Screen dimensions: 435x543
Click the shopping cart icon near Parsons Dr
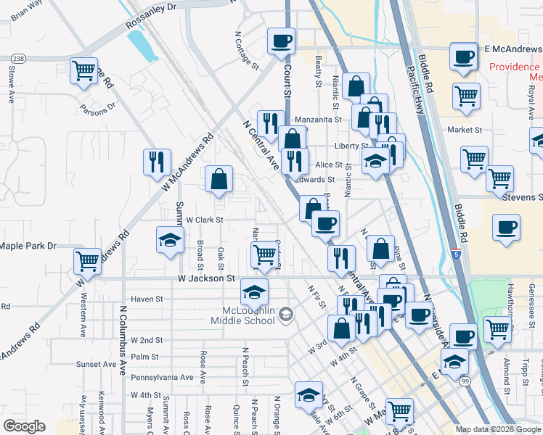[x=84, y=71]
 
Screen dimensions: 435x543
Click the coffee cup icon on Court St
[x=281, y=41]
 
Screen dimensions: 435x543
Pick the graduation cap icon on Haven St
[x=254, y=291]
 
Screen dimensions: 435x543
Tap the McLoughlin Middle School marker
[x=286, y=314]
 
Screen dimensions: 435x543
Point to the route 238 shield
[x=19, y=59]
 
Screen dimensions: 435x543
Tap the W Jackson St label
[x=207, y=278]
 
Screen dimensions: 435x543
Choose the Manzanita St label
[x=318, y=119]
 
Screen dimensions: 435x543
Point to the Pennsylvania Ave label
[x=162, y=377]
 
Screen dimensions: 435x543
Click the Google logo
[x=24, y=426]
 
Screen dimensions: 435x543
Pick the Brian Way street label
[x=27, y=11]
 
